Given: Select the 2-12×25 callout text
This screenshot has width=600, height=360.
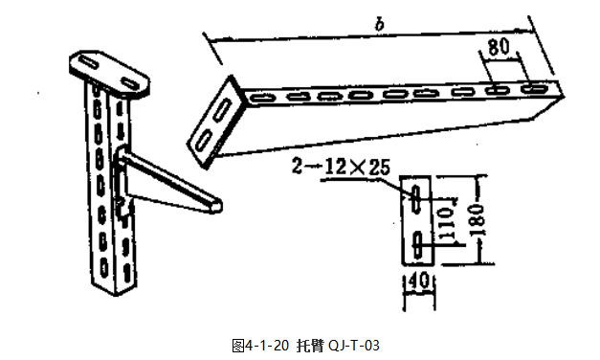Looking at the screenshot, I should point(341,167).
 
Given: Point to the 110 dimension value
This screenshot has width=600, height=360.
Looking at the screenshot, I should point(444,223).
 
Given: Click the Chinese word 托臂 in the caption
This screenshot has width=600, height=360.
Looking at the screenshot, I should point(309,343).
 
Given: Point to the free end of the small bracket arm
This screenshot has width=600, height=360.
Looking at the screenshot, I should point(217,203).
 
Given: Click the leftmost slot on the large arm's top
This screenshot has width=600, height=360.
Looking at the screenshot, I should point(262,98).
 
